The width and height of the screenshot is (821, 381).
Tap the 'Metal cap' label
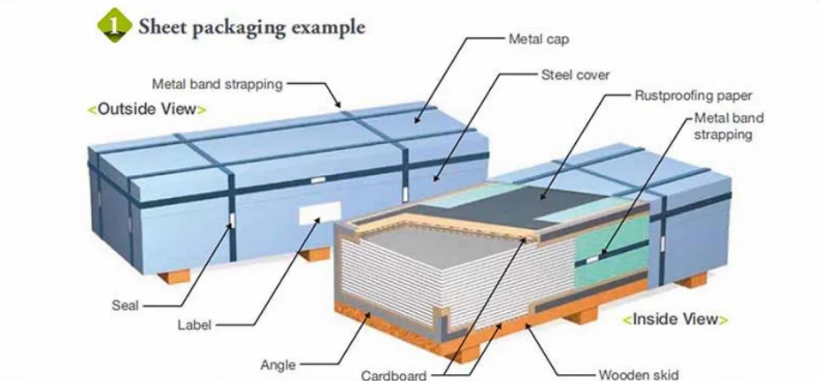click(x=538, y=40)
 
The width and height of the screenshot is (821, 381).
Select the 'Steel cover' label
click(x=575, y=75)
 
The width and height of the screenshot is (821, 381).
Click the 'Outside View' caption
click(x=147, y=110)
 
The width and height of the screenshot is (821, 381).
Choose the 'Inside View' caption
click(x=675, y=319)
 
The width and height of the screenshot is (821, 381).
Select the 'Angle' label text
click(x=279, y=363)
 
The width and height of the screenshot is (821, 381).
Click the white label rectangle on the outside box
click(x=319, y=212)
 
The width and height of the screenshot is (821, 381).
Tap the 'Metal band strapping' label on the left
click(x=217, y=85)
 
